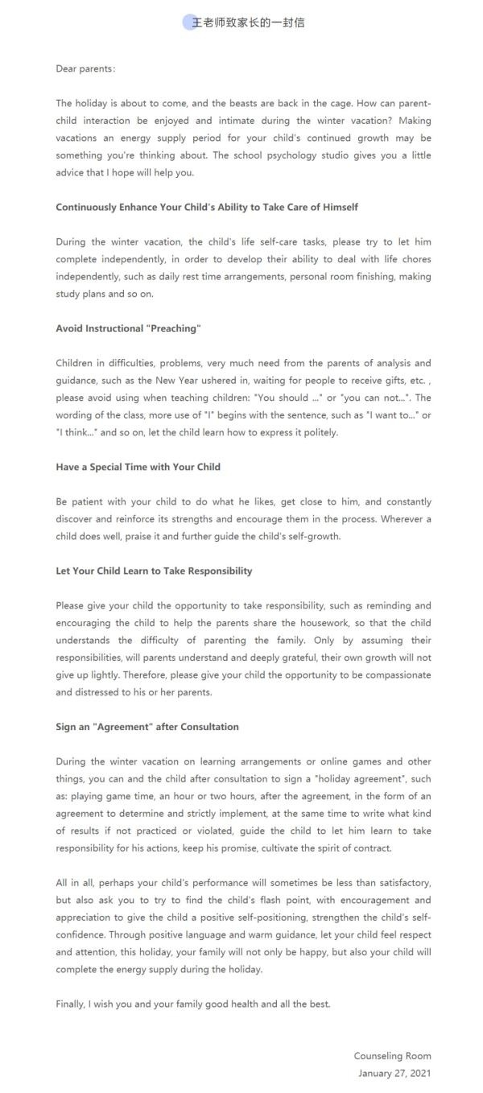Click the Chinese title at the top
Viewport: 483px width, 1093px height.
248,23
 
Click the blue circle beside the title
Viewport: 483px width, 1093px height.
189,23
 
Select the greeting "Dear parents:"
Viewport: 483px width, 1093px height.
85,68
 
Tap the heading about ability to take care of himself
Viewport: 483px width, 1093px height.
207,207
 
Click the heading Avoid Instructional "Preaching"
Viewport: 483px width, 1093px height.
128,328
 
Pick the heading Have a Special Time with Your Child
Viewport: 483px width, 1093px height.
138,467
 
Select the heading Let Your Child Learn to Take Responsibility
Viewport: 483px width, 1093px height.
154,571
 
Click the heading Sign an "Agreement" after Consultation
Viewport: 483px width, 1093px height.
147,727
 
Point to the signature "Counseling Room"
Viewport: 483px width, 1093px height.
392,1055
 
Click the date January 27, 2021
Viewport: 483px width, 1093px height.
394,1073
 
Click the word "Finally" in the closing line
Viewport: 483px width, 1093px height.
71,1004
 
